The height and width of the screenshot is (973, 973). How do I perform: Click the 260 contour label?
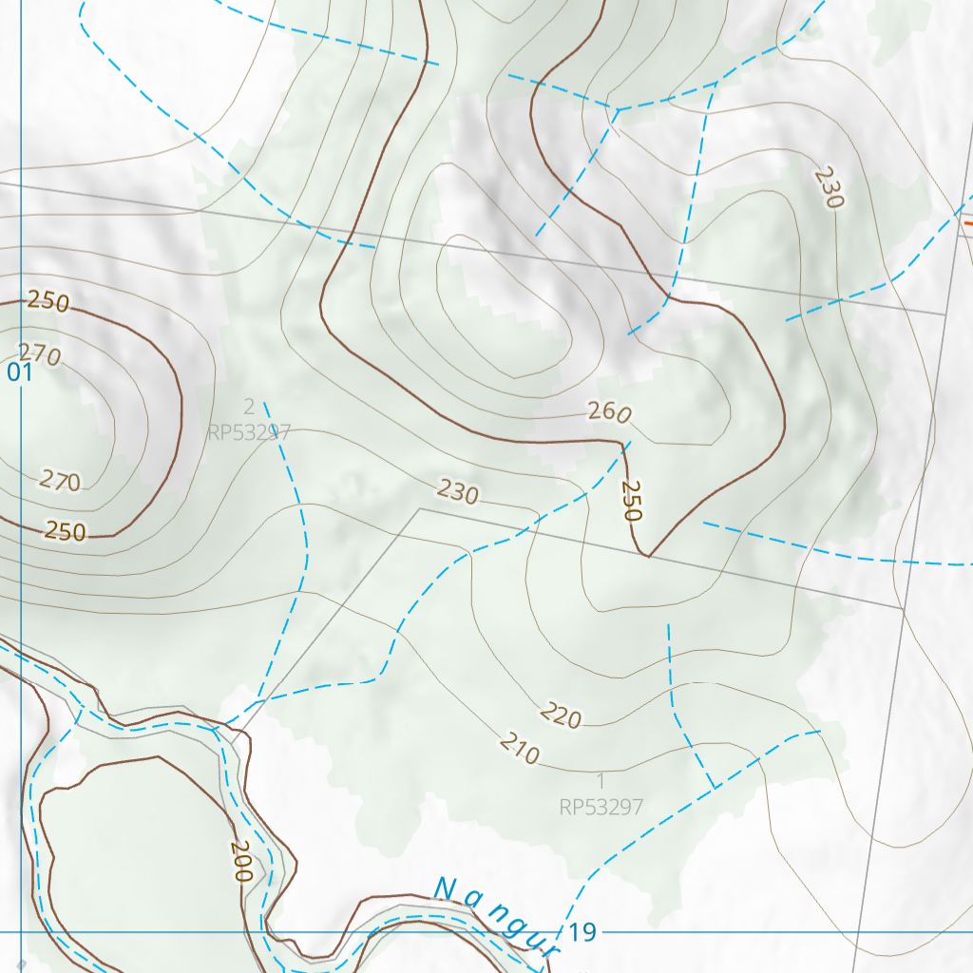click(609, 413)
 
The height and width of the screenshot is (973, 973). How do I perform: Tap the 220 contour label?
click(561, 715)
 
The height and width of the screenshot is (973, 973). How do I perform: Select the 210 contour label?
click(519, 750)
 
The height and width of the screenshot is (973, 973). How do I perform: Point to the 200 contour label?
click(240, 862)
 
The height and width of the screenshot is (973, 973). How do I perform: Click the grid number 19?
click(583, 932)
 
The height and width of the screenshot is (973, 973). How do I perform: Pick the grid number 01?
click(20, 372)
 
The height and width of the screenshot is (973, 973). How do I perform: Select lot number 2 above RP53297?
click(249, 408)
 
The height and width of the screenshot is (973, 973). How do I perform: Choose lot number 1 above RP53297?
click(601, 781)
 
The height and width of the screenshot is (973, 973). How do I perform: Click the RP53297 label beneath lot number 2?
click(249, 432)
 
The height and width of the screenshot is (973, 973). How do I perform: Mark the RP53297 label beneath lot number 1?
click(601, 808)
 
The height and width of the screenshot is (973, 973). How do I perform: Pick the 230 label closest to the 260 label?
click(458, 491)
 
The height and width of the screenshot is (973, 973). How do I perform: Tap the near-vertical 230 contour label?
click(829, 188)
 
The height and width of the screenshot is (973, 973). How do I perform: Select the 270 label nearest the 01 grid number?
click(40, 355)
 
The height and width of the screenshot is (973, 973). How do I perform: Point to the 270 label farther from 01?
click(60, 482)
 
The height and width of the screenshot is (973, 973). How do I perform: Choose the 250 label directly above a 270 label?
click(48, 302)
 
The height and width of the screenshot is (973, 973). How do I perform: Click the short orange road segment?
click(967, 222)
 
